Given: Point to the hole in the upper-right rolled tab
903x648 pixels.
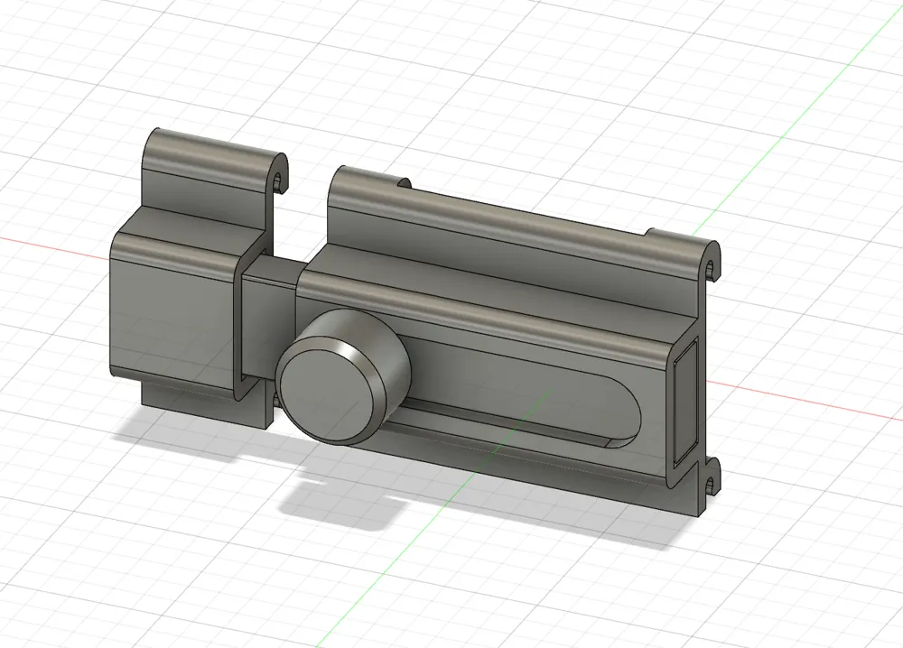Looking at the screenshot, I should pos(712,268).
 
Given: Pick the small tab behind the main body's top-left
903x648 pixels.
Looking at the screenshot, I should pos(403,183).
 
